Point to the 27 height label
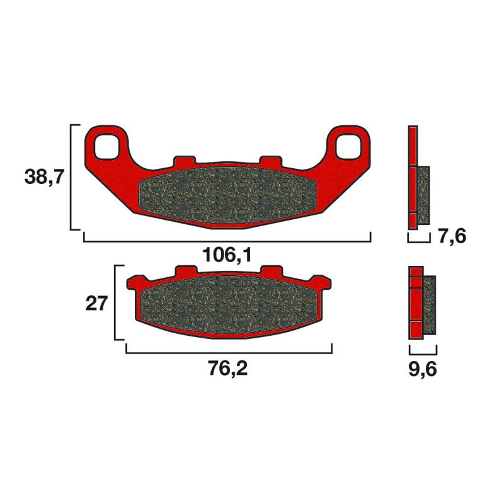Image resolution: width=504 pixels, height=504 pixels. point(96,303)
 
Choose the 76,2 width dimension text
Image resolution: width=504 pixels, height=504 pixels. point(227,368)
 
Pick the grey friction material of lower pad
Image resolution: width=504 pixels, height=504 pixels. point(228,304)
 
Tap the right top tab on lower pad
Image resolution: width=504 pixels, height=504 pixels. point(271,271)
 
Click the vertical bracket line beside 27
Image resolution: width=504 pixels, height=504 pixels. point(115,302)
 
